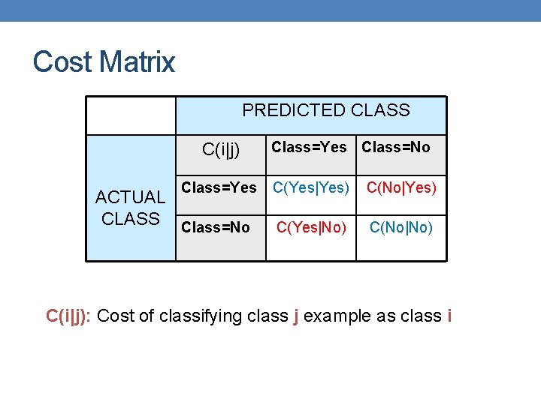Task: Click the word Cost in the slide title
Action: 62,61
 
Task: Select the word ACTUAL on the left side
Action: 130,197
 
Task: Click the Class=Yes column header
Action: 309,147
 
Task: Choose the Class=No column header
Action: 396,147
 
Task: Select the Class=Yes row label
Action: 219,187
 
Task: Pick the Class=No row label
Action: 216,226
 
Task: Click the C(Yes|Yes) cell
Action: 311,188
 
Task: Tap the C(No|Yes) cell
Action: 401,188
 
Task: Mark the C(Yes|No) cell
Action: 311,226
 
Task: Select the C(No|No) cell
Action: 401,226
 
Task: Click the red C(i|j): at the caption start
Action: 69,316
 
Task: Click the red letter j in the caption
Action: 296,316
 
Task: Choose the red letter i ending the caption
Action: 449,316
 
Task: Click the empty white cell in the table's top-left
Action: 131,115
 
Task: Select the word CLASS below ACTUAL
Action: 130,219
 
